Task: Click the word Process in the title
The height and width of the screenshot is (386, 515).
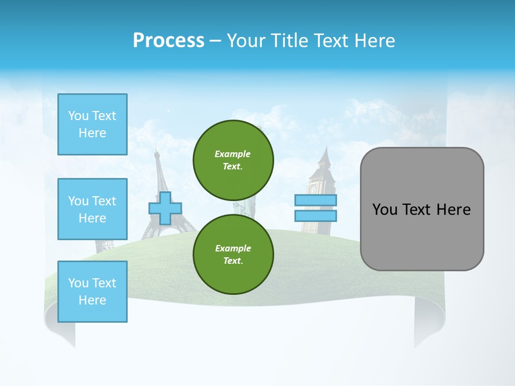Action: [x=168, y=41]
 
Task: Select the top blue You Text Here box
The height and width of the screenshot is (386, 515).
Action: [x=92, y=124]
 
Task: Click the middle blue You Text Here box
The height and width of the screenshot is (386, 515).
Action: [x=92, y=209]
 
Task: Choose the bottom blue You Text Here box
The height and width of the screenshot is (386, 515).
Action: [x=92, y=292]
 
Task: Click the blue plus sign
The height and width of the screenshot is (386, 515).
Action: [x=165, y=208]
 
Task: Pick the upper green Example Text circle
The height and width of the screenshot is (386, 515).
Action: [x=233, y=160]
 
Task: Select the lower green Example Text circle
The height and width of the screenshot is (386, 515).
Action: [x=233, y=254]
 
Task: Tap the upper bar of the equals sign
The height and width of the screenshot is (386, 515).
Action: [x=315, y=201]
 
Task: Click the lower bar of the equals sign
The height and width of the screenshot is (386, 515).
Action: [x=315, y=216]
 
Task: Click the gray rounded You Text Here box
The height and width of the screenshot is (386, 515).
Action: [x=422, y=209]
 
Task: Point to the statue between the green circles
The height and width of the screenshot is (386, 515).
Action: [x=245, y=206]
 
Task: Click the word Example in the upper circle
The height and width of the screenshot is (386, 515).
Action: [x=233, y=154]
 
